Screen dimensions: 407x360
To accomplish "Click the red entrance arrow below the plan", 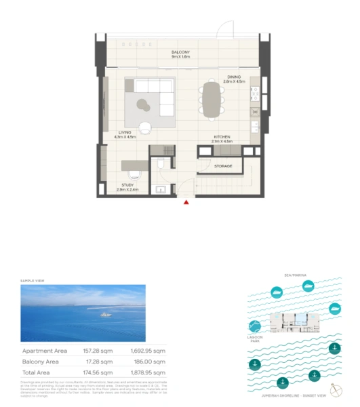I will [x=187, y=201].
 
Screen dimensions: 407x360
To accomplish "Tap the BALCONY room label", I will [x=180, y=52].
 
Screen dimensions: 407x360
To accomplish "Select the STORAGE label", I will [x=223, y=166].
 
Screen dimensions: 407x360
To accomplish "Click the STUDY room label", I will [x=127, y=185].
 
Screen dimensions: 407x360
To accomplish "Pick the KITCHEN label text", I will [x=222, y=137].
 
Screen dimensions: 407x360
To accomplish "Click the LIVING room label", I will [x=125, y=132].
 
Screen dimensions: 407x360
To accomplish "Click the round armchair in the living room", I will [x=147, y=126].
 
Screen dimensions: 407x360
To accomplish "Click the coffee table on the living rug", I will [x=144, y=103].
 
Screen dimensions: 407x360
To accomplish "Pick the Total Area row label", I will [x=41, y=372].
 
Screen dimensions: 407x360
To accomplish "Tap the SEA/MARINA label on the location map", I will [x=296, y=275].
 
